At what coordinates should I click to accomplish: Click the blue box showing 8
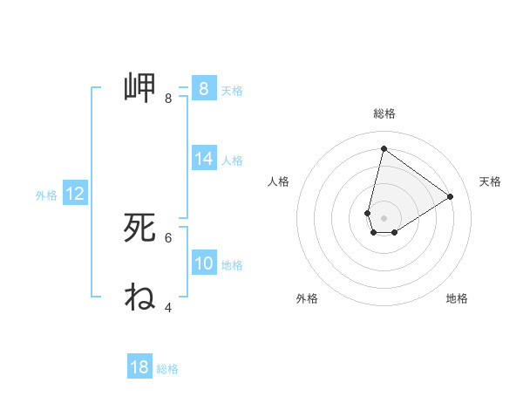[x=203, y=88]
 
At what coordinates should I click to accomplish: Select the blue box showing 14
[x=203, y=159]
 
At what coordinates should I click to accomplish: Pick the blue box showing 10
[x=203, y=263]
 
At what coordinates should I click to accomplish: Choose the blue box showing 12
[x=74, y=194]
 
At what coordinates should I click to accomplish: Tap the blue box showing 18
[x=139, y=367]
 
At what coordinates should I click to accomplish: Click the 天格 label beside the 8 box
[x=232, y=90]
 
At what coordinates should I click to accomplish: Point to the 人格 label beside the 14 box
[x=232, y=161]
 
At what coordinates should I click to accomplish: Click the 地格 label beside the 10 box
[x=232, y=265]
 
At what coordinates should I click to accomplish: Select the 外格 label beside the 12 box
[x=46, y=195]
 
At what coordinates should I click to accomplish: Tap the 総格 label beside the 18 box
[x=167, y=369]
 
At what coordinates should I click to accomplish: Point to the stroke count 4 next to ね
[x=168, y=307]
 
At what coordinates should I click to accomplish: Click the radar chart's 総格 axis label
[x=384, y=113]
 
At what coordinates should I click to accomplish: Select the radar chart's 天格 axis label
[x=490, y=181]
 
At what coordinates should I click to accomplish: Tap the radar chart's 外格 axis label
[x=307, y=298]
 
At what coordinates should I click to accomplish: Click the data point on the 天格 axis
[x=451, y=196]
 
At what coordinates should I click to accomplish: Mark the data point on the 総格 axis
[x=384, y=148]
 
